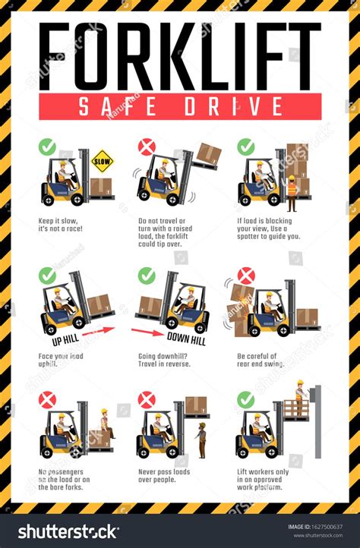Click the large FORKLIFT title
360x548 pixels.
click(180, 57)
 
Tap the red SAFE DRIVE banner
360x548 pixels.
click(180, 106)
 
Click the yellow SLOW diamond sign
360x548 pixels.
click(102, 161)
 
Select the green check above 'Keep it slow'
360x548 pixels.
click(47, 146)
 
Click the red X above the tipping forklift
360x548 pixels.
click(147, 146)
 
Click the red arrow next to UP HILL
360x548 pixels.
click(97, 331)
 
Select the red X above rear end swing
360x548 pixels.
click(246, 276)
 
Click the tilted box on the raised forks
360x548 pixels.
click(207, 154)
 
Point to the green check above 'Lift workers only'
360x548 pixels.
click(246, 399)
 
